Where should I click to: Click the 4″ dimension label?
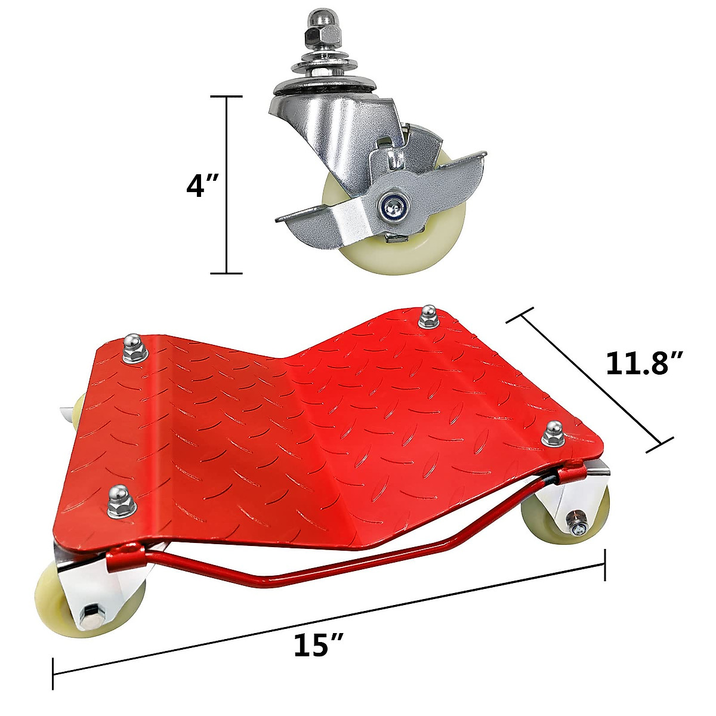tap(203, 186)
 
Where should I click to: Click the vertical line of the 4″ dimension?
tap(227, 185)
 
